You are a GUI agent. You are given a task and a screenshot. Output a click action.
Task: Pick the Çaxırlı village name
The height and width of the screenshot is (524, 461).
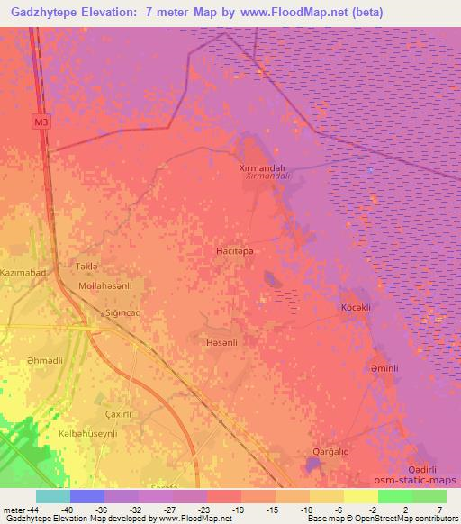tap(120, 413)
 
